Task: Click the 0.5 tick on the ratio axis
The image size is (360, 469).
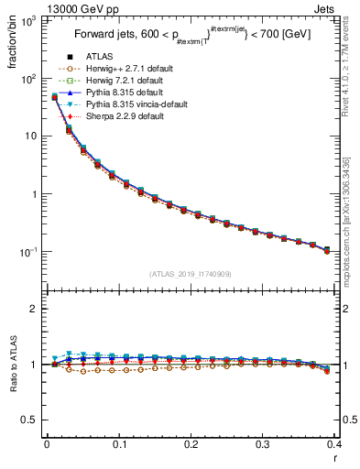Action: coord(34,420)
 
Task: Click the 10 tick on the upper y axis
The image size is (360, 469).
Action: coord(34,136)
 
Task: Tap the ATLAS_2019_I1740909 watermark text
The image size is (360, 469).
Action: coord(191,274)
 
